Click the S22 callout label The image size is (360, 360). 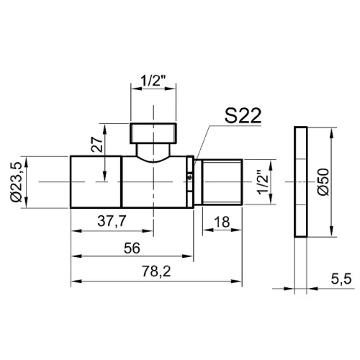(243, 116)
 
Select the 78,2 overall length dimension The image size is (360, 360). (156, 271)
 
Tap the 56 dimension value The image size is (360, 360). (132, 248)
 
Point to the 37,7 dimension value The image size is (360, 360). (112, 221)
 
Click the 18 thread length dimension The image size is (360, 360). (222, 222)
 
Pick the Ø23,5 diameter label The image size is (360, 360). (17, 182)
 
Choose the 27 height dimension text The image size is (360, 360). (97, 145)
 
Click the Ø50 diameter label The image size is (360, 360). (323, 182)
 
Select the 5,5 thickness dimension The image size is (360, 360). (341, 279)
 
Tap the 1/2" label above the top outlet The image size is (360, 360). (153, 81)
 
